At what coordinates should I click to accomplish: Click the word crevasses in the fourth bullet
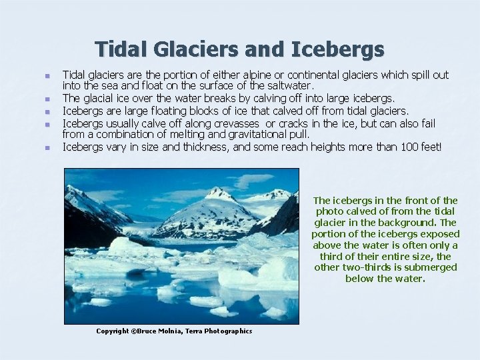(x=237, y=123)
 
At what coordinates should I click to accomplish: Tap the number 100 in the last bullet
(x=409, y=147)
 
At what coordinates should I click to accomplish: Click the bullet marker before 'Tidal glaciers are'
(x=47, y=75)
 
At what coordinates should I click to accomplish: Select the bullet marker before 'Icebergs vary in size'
(x=47, y=147)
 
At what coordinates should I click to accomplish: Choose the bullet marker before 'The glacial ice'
(x=47, y=99)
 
